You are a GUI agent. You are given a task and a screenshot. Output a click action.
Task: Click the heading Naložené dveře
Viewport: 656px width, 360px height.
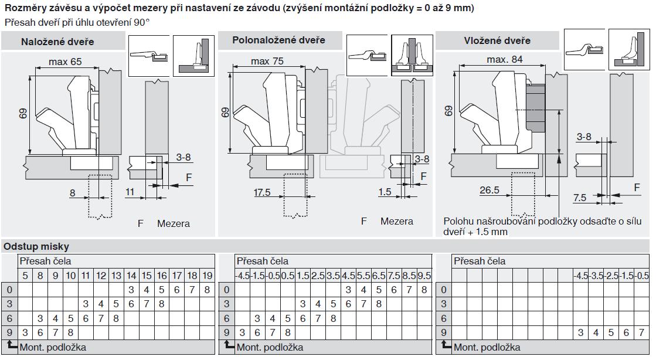click(57, 42)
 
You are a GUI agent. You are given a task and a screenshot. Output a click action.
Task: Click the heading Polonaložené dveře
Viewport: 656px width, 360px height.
click(278, 40)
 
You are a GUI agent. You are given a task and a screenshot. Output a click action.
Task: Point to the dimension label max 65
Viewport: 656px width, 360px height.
click(65, 62)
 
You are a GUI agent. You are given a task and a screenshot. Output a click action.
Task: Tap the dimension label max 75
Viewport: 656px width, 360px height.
click(267, 62)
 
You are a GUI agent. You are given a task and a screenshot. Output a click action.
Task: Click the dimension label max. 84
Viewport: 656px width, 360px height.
click(504, 60)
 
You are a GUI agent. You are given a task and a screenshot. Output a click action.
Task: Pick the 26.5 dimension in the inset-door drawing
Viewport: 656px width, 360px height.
click(490, 190)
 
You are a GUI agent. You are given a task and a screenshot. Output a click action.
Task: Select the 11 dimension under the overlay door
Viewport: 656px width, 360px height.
click(130, 192)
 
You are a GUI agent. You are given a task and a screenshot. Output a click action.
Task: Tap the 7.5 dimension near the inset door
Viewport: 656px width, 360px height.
click(580, 198)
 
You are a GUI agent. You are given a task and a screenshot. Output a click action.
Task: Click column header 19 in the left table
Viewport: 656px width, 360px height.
click(207, 276)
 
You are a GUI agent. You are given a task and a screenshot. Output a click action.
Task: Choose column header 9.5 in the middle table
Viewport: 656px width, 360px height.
click(424, 276)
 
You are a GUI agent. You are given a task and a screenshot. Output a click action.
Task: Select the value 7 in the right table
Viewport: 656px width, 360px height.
click(641, 333)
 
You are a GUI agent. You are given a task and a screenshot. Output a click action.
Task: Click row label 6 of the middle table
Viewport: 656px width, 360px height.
click(226, 318)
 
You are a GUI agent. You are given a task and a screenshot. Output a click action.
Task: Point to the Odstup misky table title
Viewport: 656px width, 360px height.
click(36, 247)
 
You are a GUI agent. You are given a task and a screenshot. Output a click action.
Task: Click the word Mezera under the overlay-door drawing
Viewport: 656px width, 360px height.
click(174, 223)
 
